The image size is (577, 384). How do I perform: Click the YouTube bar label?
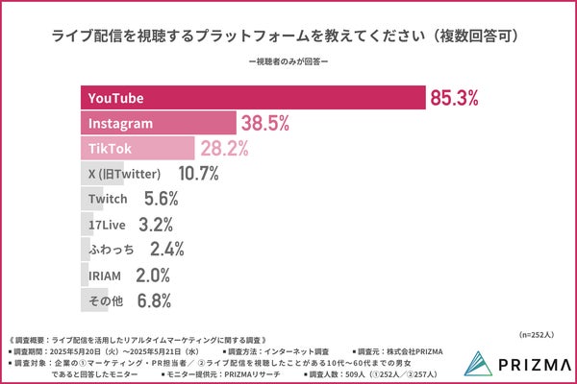115,98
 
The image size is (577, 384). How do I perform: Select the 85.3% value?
454,98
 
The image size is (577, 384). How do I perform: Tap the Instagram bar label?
120,124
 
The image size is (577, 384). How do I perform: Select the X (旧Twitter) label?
125,174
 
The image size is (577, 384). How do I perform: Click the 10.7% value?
199,174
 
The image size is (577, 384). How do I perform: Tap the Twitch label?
108,199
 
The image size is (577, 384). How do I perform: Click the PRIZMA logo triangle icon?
478,362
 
